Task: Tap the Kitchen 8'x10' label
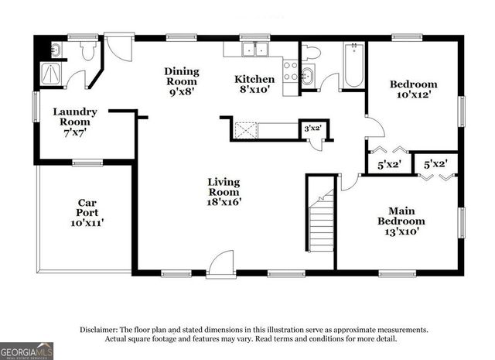click(x=254, y=84)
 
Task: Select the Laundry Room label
click(x=74, y=122)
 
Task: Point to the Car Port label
click(x=86, y=212)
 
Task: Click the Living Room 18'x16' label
click(x=224, y=192)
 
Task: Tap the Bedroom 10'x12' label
click(x=413, y=89)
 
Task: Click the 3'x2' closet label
click(x=312, y=129)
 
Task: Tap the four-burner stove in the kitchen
click(x=291, y=71)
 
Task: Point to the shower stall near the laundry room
click(x=52, y=75)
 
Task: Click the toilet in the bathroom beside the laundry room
click(x=87, y=50)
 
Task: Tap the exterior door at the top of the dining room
click(x=118, y=45)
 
